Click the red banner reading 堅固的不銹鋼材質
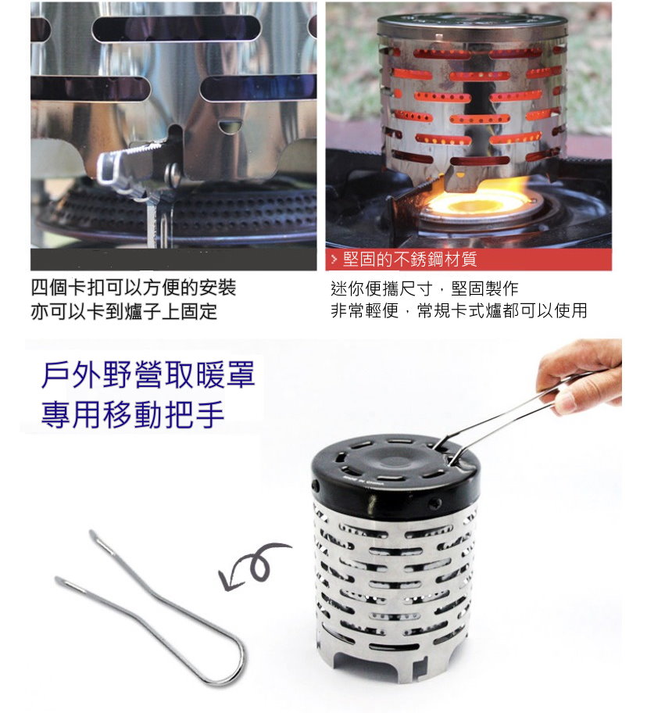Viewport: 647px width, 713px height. coord(468,260)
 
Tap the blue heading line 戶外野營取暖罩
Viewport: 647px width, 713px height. coord(148,375)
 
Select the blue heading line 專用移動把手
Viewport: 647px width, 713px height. coord(133,414)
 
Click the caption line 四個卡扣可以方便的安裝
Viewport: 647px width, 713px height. coord(134,288)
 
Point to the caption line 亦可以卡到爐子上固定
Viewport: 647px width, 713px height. coord(124,311)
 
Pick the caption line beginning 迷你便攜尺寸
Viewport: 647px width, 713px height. coord(424,288)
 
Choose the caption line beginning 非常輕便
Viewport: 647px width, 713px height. coord(459,310)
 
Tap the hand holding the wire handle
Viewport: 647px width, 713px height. coord(579,375)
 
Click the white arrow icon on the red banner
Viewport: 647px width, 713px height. coord(334,260)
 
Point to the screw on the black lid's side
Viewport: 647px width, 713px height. coord(438,503)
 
